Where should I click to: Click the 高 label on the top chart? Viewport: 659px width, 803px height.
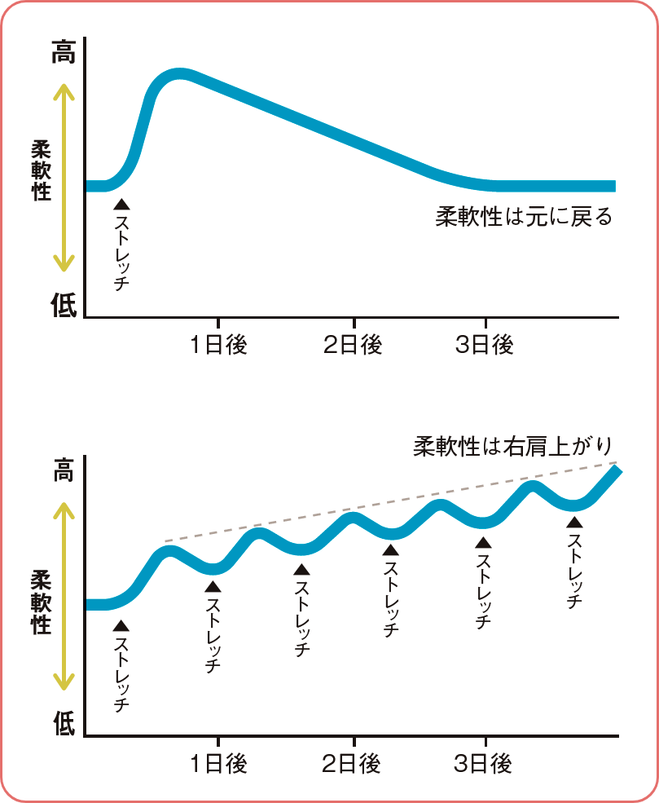pyautogui.click(x=63, y=53)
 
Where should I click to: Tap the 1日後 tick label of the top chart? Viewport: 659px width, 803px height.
pyautogui.click(x=218, y=345)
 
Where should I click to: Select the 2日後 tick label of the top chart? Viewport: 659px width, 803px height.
pyautogui.click(x=353, y=345)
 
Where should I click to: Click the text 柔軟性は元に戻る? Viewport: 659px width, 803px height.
pyautogui.click(x=524, y=218)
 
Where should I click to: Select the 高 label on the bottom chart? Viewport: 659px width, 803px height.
pyautogui.click(x=63, y=471)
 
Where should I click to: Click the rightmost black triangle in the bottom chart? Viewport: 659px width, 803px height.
pyautogui.click(x=576, y=523)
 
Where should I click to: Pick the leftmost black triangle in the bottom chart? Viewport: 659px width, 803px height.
pyautogui.click(x=121, y=625)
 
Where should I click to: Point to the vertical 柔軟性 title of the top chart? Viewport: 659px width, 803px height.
pyautogui.click(x=40, y=170)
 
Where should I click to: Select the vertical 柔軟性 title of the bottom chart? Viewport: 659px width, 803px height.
pyautogui.click(x=40, y=602)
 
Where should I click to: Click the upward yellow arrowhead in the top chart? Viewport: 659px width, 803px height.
pyautogui.click(x=64, y=92)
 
